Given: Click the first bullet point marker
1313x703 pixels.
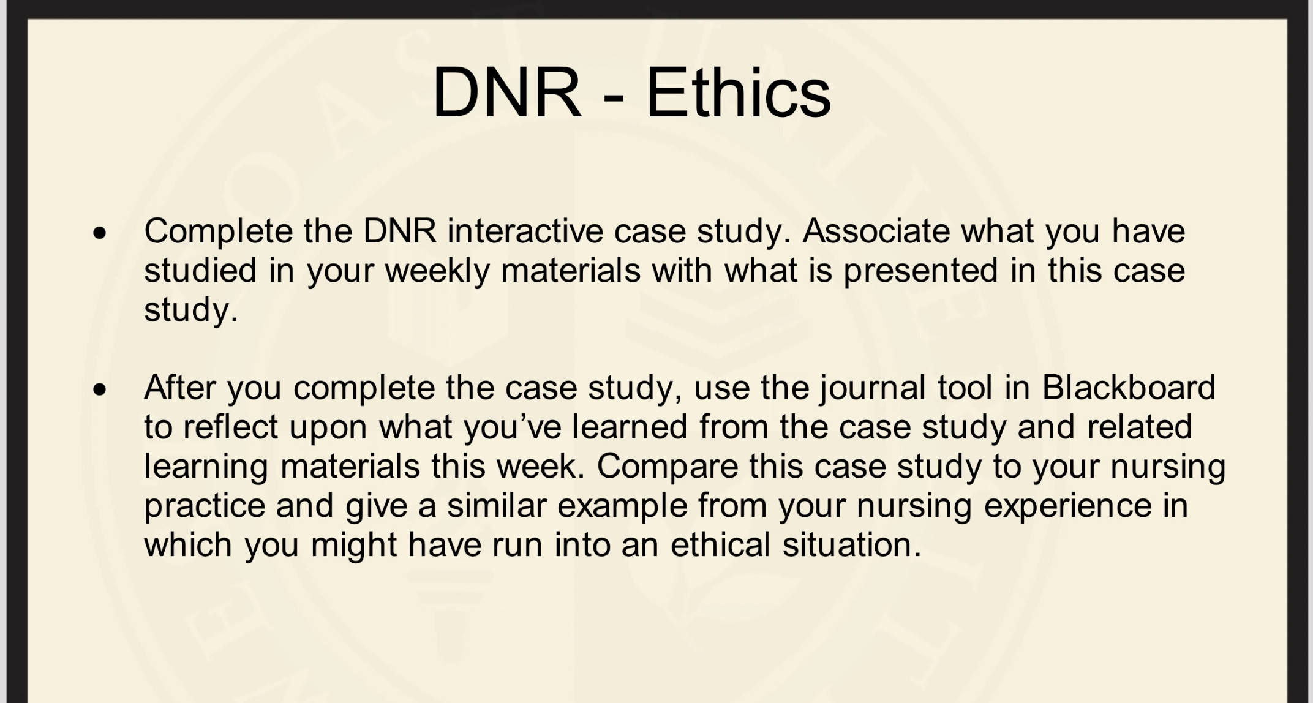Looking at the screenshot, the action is click(x=100, y=233).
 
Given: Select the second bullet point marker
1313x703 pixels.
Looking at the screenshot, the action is click(x=100, y=390).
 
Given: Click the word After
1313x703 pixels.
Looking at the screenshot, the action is click(x=180, y=388).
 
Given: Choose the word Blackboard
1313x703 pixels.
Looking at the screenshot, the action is click(x=1128, y=388).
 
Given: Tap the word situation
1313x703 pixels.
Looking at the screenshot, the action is click(x=852, y=544).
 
